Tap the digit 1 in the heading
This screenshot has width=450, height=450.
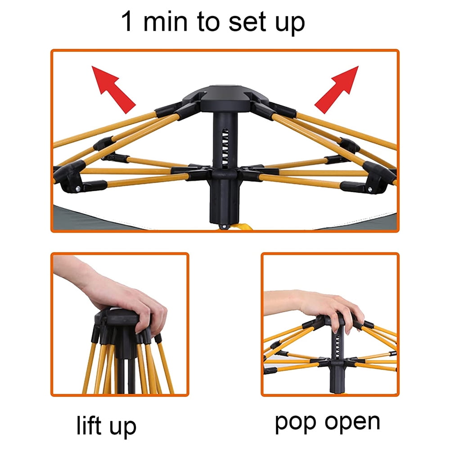[x=126, y=21]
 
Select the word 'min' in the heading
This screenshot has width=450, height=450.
[x=165, y=21]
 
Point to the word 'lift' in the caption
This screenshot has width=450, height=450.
[x=89, y=425]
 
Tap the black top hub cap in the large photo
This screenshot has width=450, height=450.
[x=225, y=98]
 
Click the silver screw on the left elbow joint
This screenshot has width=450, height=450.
[x=78, y=189]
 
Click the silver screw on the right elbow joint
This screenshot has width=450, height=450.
[x=370, y=189]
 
